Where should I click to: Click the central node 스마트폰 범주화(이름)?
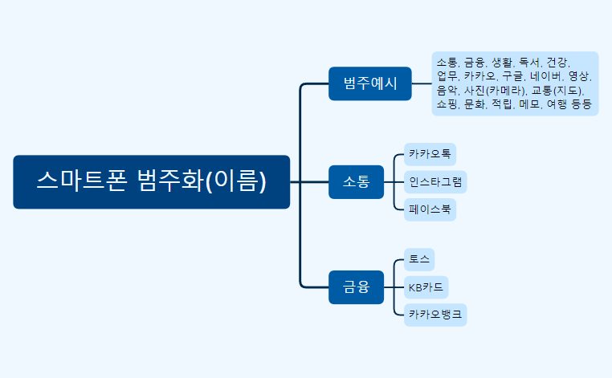click(151, 181)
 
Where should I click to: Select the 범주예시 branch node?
click(369, 83)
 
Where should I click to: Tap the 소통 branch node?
click(357, 181)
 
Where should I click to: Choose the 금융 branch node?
click(357, 287)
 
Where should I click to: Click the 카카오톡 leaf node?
click(430, 153)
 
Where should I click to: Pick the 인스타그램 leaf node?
click(435, 181)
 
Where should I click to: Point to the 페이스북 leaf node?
click(430, 209)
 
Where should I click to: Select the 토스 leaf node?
click(419, 259)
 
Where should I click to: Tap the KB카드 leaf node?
click(426, 287)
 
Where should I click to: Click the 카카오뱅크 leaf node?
click(435, 315)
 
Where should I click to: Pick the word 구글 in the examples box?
click(512, 76)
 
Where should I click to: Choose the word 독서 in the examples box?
click(529, 62)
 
